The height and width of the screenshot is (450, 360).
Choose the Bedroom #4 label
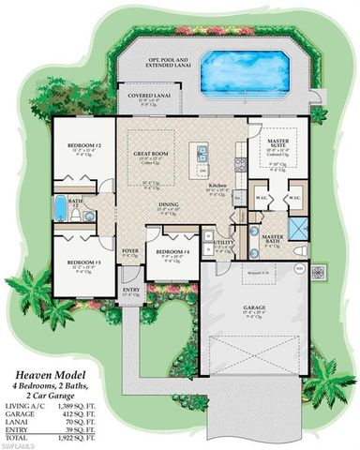(x=172, y=253)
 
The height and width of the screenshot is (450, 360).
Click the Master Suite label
(x=271, y=142)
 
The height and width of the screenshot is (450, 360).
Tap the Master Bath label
(x=273, y=238)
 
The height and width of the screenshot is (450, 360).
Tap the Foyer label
(x=129, y=250)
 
